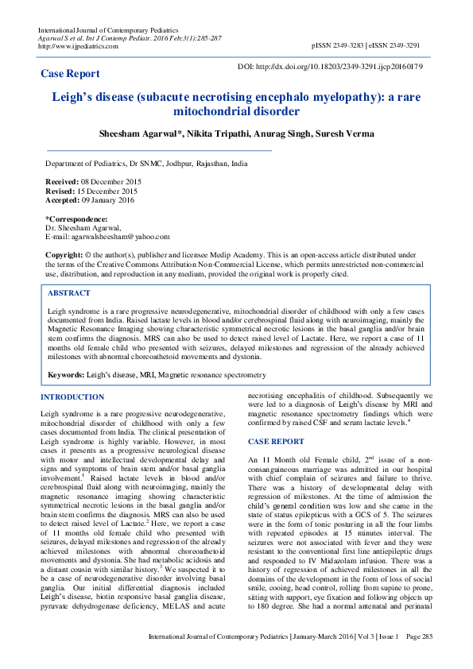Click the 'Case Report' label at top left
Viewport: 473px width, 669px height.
click(x=70, y=74)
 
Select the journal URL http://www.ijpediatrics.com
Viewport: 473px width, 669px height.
click(x=78, y=46)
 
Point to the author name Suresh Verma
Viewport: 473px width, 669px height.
click(x=343, y=133)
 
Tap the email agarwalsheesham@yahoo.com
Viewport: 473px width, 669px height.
click(x=119, y=236)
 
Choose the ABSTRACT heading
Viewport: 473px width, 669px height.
click(x=69, y=293)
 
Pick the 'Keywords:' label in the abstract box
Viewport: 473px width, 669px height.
click(x=67, y=373)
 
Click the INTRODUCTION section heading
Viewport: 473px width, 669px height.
click(x=72, y=396)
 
